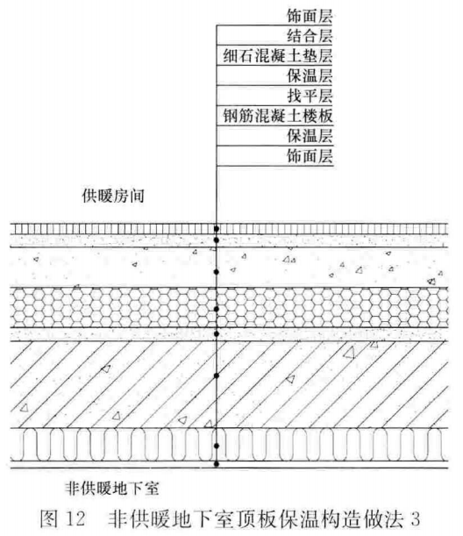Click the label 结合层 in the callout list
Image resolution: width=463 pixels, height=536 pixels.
point(310,36)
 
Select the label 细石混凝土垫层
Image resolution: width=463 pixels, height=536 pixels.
point(277,56)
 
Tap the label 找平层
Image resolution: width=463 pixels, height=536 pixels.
point(310,96)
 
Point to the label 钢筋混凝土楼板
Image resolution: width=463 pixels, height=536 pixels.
point(277,116)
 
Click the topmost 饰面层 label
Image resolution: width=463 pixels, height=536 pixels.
point(310,16)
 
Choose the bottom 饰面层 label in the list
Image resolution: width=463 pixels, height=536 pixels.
point(310,156)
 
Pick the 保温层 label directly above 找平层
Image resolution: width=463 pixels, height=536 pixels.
point(310,76)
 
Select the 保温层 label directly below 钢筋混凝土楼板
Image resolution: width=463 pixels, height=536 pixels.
point(310,136)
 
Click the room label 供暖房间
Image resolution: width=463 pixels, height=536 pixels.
point(113,197)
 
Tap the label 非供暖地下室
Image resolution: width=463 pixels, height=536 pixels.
point(112,490)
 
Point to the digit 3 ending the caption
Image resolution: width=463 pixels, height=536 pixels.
point(415,518)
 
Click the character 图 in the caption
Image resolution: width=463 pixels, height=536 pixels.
point(48,518)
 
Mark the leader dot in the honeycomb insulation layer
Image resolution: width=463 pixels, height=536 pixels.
point(217,309)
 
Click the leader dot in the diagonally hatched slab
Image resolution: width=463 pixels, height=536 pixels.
point(217,376)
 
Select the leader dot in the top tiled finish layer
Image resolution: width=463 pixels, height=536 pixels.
point(217,229)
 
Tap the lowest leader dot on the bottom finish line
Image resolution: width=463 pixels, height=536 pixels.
point(217,464)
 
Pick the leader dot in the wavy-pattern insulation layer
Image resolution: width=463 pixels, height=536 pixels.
point(217,446)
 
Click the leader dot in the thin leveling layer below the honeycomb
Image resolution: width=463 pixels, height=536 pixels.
point(217,334)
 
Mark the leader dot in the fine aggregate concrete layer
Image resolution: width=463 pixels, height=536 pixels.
point(217,272)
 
